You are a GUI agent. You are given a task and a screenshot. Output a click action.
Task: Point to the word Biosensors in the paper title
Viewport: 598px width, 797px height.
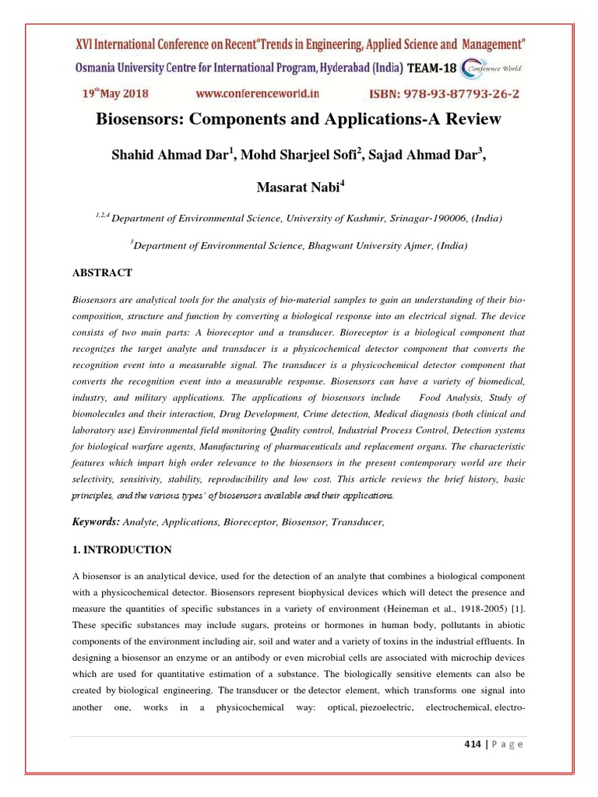134,120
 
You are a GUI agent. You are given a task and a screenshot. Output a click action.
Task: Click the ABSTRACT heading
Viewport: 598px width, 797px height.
102,272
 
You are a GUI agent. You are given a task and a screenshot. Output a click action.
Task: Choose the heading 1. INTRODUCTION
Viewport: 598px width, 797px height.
121,549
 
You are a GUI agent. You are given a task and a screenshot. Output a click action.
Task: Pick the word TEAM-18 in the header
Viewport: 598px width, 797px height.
433,68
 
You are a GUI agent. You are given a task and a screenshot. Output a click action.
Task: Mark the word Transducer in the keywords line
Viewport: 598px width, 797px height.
356,522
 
